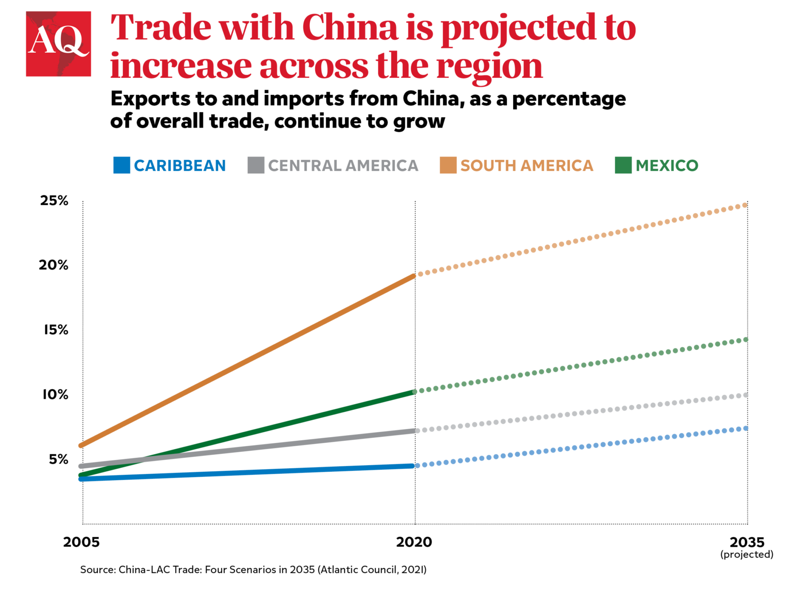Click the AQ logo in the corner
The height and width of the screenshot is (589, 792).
[x=58, y=44]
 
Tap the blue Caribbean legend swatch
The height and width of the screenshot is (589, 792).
[x=122, y=165]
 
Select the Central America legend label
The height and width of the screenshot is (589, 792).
[x=343, y=166]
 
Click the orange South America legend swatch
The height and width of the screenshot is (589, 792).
[x=448, y=165]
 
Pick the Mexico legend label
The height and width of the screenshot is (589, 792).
[x=667, y=166]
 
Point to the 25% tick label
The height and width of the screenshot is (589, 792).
[x=54, y=201]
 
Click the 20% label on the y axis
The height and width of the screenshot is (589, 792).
[x=54, y=265]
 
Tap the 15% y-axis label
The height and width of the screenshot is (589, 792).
[x=56, y=330]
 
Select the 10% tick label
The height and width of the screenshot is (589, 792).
[x=55, y=395]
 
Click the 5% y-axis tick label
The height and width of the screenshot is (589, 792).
[x=58, y=459]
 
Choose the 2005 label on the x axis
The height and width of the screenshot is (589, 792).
[x=81, y=543]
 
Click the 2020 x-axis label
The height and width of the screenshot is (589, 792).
[x=414, y=543]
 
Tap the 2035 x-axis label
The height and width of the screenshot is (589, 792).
[x=747, y=543]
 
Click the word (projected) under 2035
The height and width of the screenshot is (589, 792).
[x=747, y=555]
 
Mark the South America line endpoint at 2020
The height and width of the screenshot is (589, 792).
[x=414, y=276]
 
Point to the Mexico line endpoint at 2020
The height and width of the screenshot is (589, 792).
[x=414, y=392]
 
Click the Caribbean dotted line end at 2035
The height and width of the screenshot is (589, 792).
[x=746, y=428]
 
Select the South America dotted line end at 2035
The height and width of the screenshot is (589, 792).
[x=745, y=205]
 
